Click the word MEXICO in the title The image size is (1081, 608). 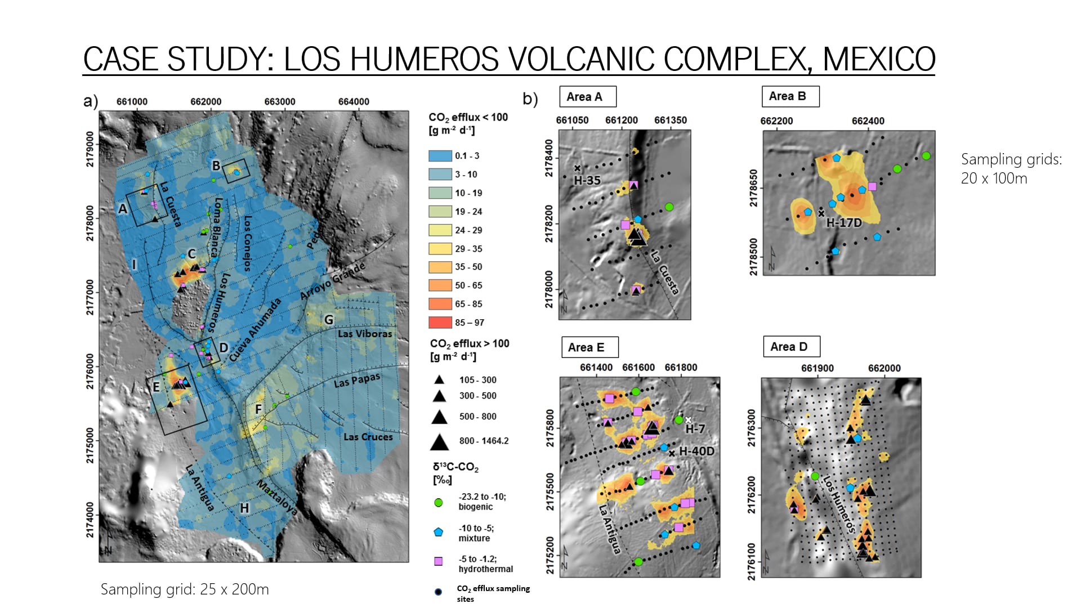coord(878,59)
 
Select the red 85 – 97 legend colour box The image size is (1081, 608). coord(440,323)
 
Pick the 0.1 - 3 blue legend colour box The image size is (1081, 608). coord(440,156)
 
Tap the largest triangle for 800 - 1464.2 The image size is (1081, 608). coord(439,442)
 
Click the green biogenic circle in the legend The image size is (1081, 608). coord(439,502)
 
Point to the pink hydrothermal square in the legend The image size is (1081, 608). coord(439,561)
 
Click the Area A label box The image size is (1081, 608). coord(587,97)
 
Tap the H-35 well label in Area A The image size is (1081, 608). coord(587,181)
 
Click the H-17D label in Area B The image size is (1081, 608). coord(843,223)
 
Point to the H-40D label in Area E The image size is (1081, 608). coord(696,451)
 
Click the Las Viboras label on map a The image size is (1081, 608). coord(365,334)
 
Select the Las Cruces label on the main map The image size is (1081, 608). coord(368,437)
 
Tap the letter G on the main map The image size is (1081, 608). coord(329,320)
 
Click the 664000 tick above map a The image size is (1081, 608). coord(354,102)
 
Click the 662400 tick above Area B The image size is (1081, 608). coord(868,121)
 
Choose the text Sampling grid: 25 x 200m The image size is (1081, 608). coord(185,589)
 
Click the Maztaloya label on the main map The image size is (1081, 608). coord(277,498)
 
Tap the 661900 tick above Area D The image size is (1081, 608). coord(817,368)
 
